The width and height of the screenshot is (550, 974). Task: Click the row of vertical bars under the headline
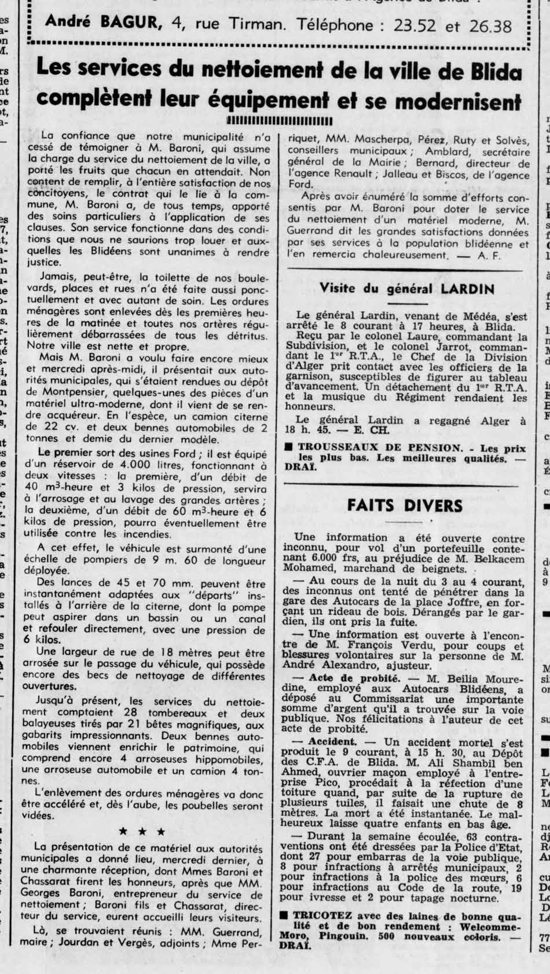280,121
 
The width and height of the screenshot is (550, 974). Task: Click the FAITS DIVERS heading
405,505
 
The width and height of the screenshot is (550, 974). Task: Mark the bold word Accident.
332,741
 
